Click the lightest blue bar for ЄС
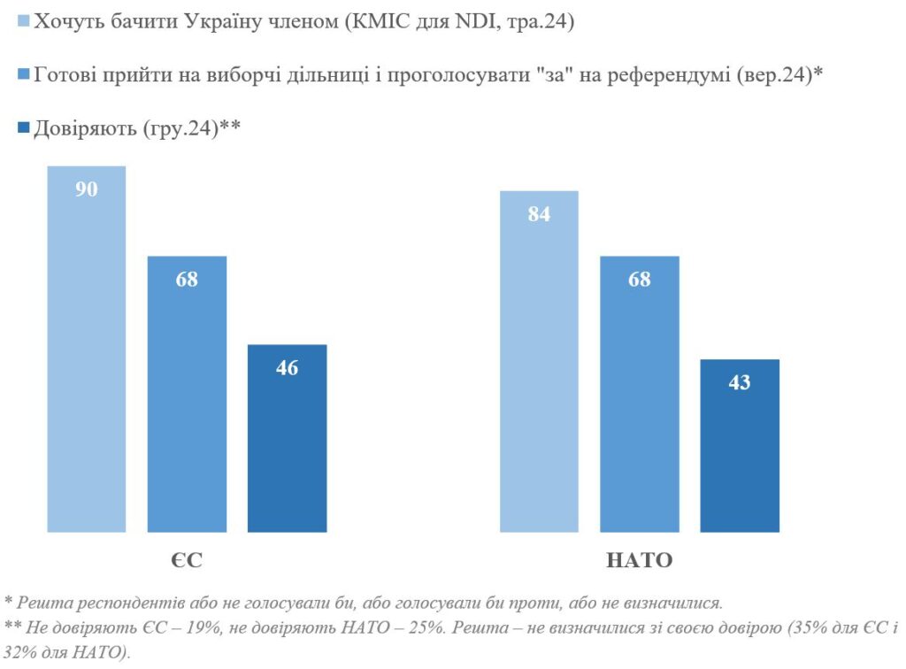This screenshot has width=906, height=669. pyautogui.click(x=87, y=354)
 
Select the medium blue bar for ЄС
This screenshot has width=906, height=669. pyautogui.click(x=187, y=398)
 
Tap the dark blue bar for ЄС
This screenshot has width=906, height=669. pyautogui.click(x=288, y=442)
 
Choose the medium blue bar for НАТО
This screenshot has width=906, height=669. pyautogui.click(x=639, y=398)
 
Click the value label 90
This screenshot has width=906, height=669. pyautogui.click(x=87, y=189)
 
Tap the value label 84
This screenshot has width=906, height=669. pyautogui.click(x=539, y=214)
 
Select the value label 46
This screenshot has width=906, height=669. pyautogui.click(x=288, y=368)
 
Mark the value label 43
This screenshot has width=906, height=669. pyautogui.click(x=740, y=383)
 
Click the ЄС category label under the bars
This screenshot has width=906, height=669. pyautogui.click(x=188, y=560)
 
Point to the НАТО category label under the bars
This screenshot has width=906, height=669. pyautogui.click(x=639, y=560)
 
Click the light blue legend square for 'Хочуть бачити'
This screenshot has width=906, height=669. pyautogui.click(x=24, y=22)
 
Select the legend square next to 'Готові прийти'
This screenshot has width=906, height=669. pyautogui.click(x=24, y=75)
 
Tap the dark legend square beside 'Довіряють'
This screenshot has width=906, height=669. pyautogui.click(x=24, y=128)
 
